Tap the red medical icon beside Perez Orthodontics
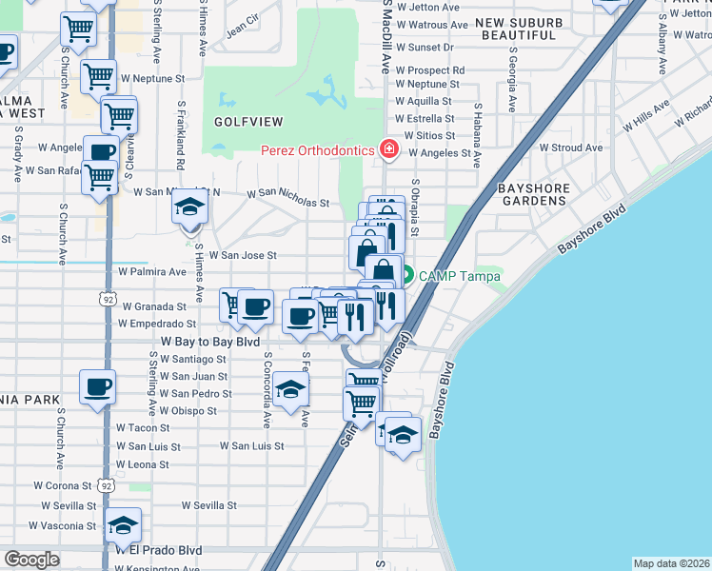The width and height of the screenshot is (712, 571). [387, 149]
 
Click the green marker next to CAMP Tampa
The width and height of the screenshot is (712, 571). [407, 277]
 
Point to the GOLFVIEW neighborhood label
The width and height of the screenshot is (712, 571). [248, 123]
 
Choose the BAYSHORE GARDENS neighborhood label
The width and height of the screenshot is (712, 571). [533, 194]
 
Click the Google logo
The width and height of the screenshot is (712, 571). [32, 560]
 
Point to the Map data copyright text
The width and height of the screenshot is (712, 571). [671, 563]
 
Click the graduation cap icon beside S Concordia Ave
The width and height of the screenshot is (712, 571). [290, 388]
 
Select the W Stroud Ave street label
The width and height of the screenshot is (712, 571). [571, 148]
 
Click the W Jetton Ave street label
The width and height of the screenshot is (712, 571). [433, 6]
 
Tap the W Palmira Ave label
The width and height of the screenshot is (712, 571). [151, 272]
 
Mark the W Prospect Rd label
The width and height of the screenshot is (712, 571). [430, 70]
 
